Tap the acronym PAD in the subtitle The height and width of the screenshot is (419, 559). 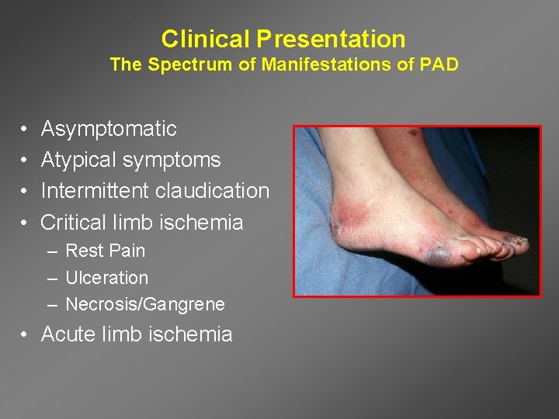(x=439, y=64)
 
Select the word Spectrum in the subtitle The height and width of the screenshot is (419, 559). (x=186, y=64)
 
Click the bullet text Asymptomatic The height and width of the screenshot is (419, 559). (x=109, y=129)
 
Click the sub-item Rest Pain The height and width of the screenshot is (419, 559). (x=105, y=251)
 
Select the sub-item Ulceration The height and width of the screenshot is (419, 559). (x=106, y=278)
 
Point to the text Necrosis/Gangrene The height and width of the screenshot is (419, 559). (x=145, y=304)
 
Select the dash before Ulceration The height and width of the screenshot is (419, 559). (x=50, y=278)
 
